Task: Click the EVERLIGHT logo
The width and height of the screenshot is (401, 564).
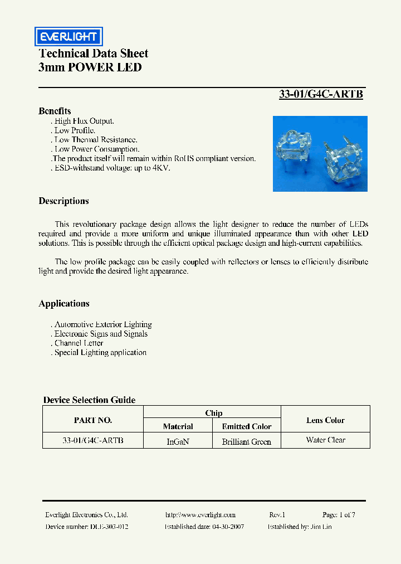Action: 69,37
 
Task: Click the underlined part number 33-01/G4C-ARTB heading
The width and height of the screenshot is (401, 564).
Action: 321,94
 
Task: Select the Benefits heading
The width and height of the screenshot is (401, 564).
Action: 55,111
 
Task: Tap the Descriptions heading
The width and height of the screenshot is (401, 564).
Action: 63,201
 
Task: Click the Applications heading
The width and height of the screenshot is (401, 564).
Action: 63,304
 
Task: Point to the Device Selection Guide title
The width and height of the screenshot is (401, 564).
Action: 89,400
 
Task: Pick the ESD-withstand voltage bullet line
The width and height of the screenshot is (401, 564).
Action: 111,168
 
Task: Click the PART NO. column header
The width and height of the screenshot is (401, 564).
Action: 93,420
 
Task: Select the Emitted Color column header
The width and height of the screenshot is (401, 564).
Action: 247,426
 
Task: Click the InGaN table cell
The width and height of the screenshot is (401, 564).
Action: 178,441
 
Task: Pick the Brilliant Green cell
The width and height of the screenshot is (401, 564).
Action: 247,441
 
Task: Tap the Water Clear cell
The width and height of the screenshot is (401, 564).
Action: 325,440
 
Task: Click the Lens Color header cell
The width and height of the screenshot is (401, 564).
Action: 325,420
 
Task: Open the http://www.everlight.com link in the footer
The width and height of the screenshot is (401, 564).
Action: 200,515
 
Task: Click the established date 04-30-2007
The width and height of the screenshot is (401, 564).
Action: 223,527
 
